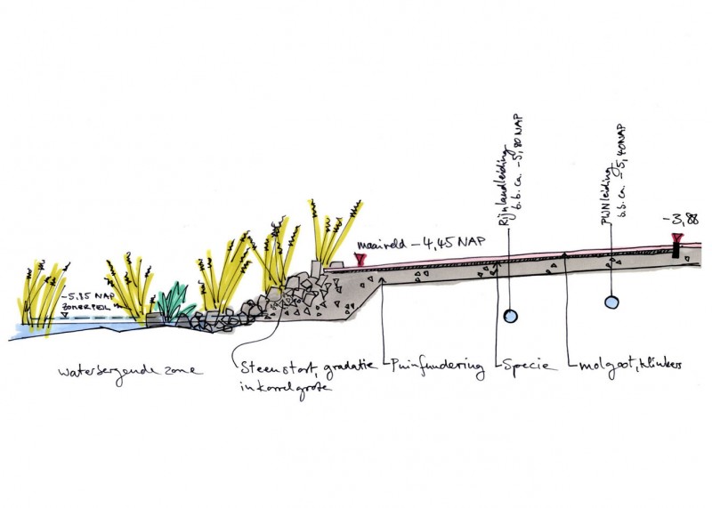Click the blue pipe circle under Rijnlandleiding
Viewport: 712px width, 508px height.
[x=511, y=315]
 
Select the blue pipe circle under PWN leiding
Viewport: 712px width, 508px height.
[x=611, y=303]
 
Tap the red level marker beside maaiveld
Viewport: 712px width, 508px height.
[x=360, y=259]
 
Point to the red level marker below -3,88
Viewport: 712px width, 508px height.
[x=678, y=238]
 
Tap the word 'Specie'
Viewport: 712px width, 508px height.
[x=526, y=365]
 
